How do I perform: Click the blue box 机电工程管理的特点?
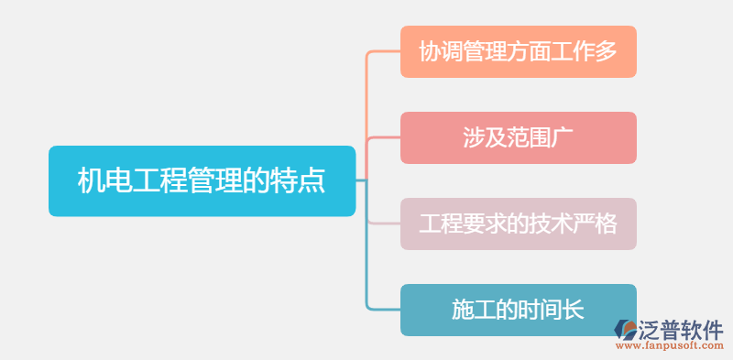(202, 180)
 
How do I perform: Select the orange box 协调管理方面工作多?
(518, 51)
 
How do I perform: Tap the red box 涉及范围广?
(518, 137)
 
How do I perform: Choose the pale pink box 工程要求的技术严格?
(518, 224)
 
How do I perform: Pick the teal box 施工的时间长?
(518, 310)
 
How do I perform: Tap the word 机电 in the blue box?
(93, 180)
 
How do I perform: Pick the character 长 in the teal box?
(573, 310)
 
